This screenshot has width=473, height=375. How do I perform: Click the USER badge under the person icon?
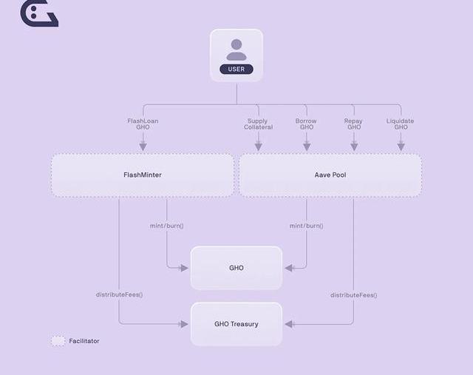236,70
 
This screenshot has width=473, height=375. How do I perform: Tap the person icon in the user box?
236,50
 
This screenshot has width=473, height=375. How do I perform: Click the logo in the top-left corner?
38,13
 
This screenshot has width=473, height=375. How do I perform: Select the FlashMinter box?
143,175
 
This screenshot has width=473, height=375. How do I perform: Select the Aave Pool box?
330,175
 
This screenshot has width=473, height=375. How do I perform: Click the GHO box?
236,268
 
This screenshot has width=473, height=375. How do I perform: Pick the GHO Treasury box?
236,324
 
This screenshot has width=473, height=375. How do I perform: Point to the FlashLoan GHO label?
143,124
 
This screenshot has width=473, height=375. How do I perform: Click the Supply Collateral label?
258,124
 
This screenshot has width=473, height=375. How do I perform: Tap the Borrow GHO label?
306,124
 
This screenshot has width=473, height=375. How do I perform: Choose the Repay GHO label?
353,124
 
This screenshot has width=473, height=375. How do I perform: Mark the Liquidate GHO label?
401,124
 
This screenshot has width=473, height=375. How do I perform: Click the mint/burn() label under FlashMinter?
167,226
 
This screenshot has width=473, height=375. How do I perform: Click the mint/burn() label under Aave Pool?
306,226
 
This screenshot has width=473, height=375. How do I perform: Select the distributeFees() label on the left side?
119,294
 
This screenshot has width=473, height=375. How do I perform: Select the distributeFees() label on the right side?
353,295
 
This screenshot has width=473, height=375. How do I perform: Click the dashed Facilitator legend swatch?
58,341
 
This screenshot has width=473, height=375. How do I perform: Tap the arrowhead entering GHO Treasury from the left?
184,324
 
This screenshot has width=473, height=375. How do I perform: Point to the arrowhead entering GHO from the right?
289,268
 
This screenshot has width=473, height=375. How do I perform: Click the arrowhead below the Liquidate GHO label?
401,146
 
